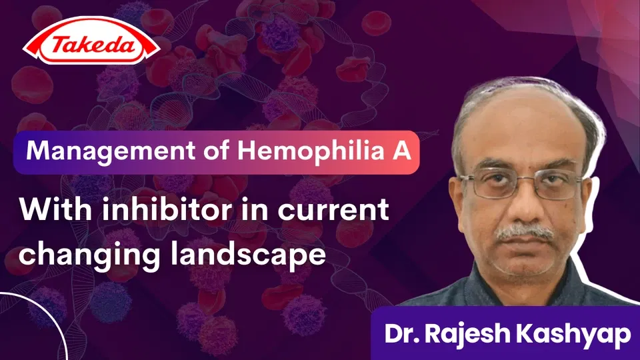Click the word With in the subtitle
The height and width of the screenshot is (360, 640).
coord(47,211)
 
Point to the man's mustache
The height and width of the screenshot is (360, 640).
coord(525,233)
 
